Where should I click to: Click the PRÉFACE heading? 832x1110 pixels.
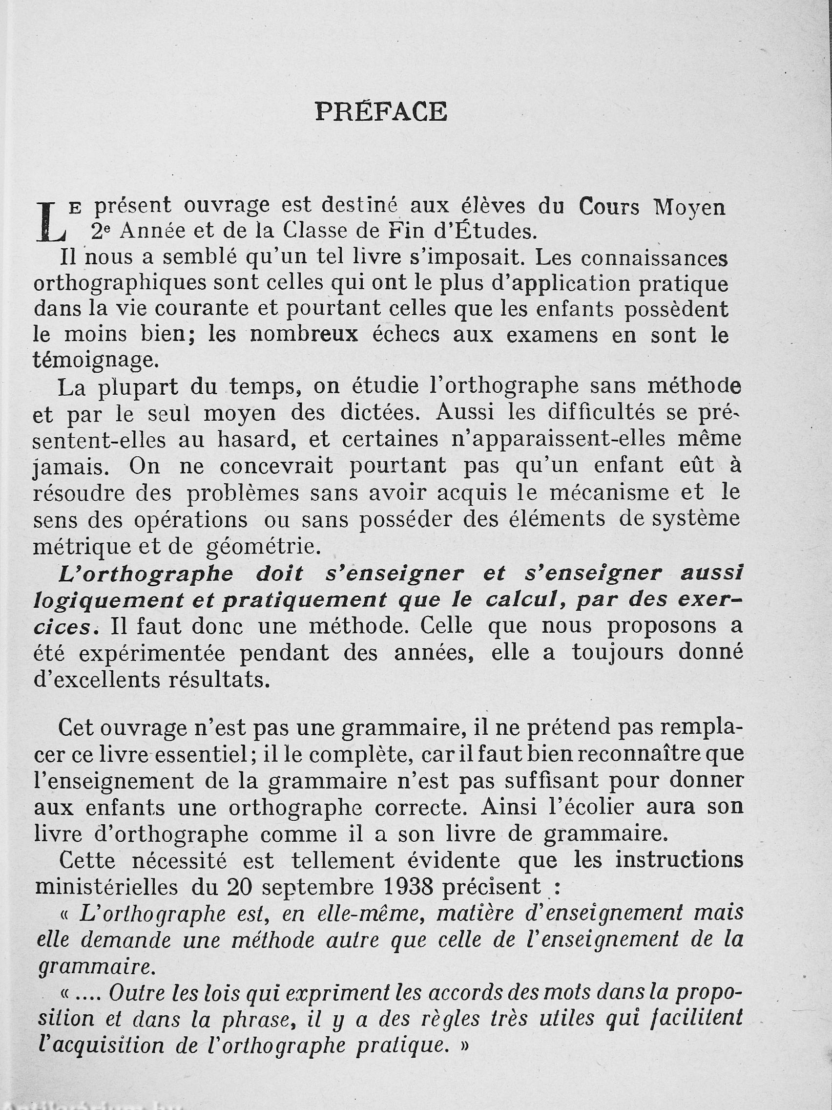click(x=381, y=111)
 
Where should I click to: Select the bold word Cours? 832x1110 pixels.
click(x=609, y=207)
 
